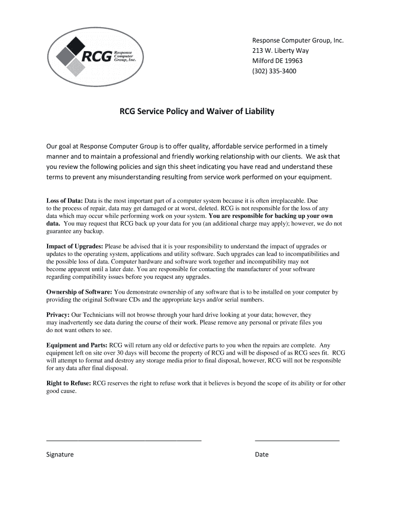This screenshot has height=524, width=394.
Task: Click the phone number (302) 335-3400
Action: pos(274,71)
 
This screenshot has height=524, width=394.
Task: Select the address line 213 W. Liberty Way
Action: pos(280,51)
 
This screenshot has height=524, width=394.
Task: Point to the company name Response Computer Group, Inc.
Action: pos(297,40)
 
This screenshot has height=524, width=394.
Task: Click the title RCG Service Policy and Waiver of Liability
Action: pos(197,111)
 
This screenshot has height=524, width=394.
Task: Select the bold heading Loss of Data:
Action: pos(64,201)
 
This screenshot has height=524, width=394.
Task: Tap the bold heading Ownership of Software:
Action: pos(79,292)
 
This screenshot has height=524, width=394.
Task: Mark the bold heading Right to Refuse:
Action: pos(69,383)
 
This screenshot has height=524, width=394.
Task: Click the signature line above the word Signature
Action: pos(124,440)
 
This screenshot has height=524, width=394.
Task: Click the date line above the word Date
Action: pos(297,440)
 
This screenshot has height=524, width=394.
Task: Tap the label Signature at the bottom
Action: pos(60,454)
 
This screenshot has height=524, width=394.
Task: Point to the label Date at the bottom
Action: pos(261,454)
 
